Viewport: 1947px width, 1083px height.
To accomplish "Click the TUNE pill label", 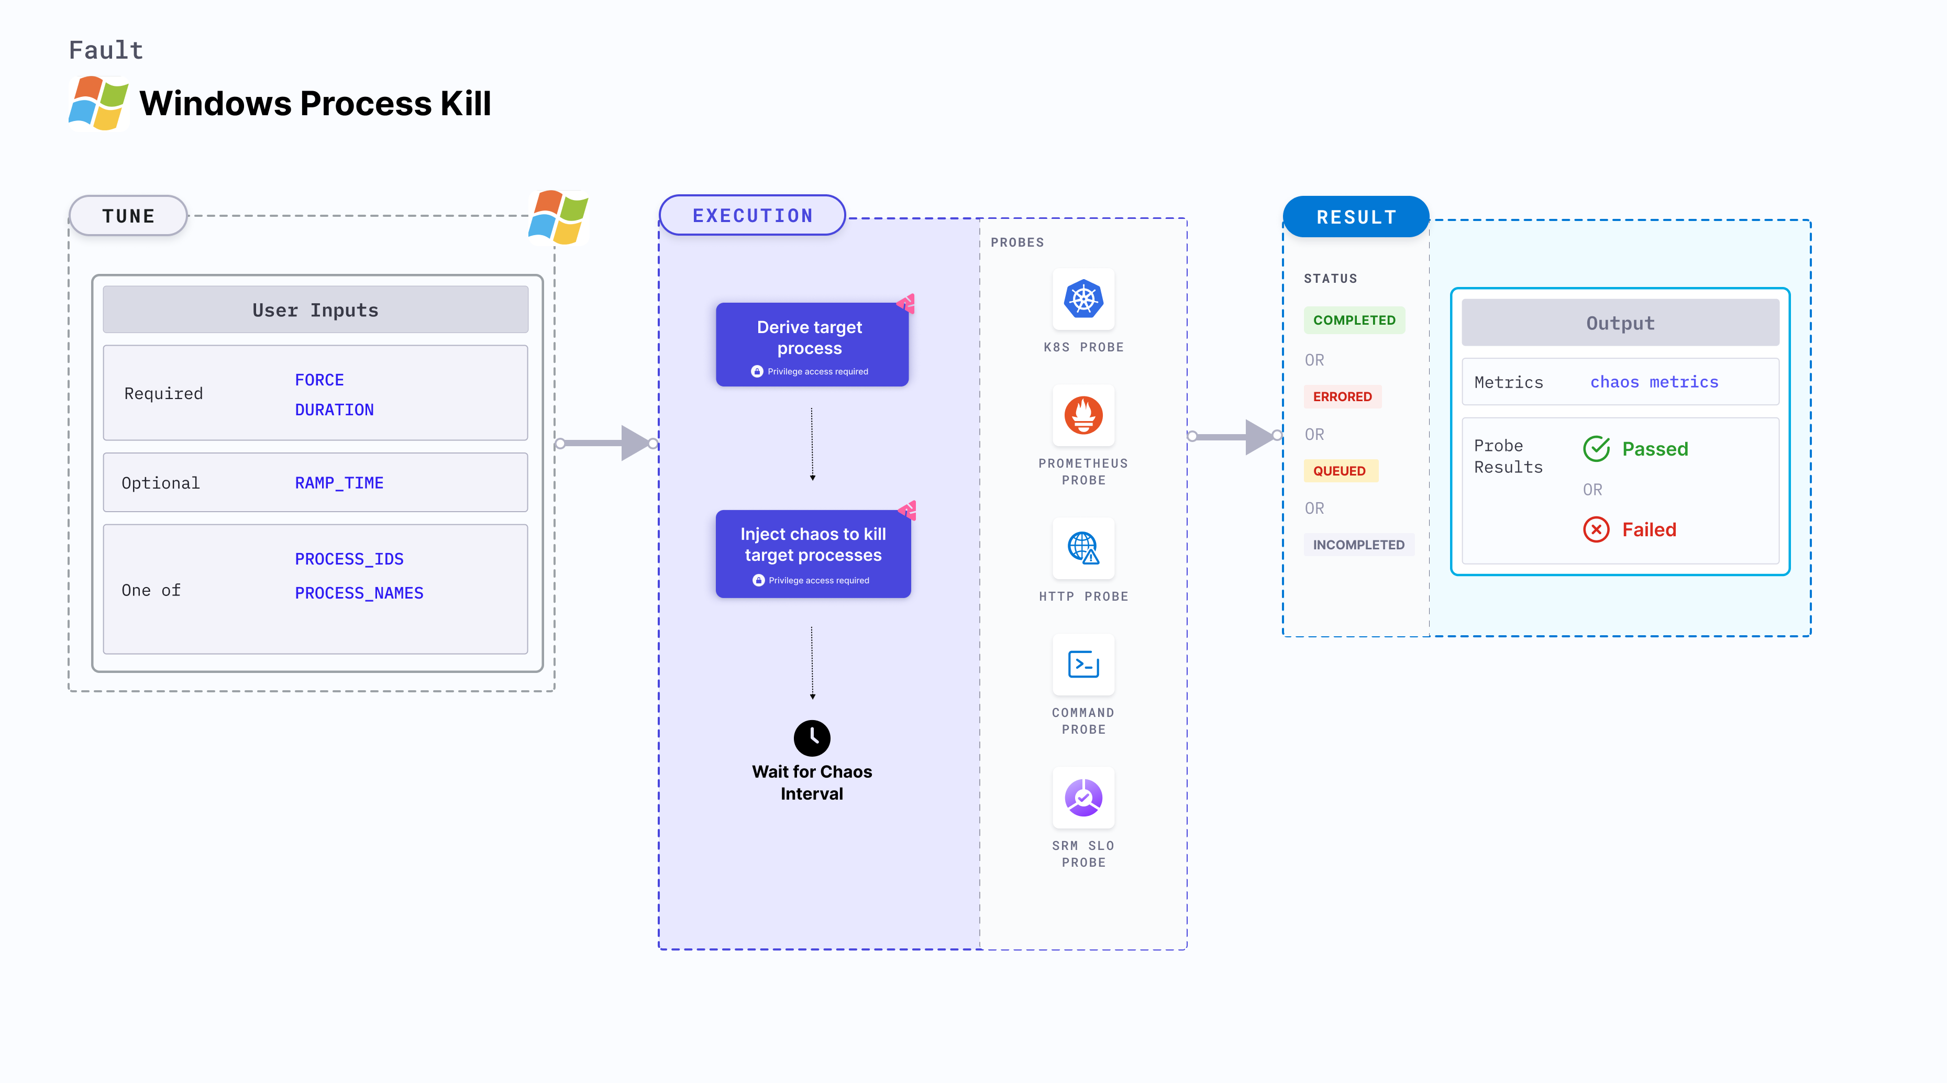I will coord(128,216).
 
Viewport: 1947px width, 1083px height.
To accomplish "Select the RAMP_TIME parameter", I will coord(339,483).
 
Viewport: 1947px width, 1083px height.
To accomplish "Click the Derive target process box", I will coord(811,345).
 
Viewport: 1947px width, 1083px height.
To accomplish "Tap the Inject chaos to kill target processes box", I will coord(813,553).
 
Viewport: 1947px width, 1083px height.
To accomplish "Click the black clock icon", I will coord(812,737).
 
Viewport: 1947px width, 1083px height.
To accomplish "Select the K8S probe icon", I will coord(1083,299).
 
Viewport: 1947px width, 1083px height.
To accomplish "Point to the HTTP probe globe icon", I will coord(1083,548).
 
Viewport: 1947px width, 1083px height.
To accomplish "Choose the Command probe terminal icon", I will coord(1083,665).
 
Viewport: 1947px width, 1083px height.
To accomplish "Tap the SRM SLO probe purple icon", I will coord(1083,797).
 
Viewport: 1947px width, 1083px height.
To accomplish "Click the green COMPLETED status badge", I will coord(1354,321).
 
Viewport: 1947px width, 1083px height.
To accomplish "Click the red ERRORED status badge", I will coord(1342,397).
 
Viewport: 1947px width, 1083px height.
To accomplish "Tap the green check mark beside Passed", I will coord(1596,449).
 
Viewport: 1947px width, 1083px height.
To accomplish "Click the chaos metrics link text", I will coord(1654,382).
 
